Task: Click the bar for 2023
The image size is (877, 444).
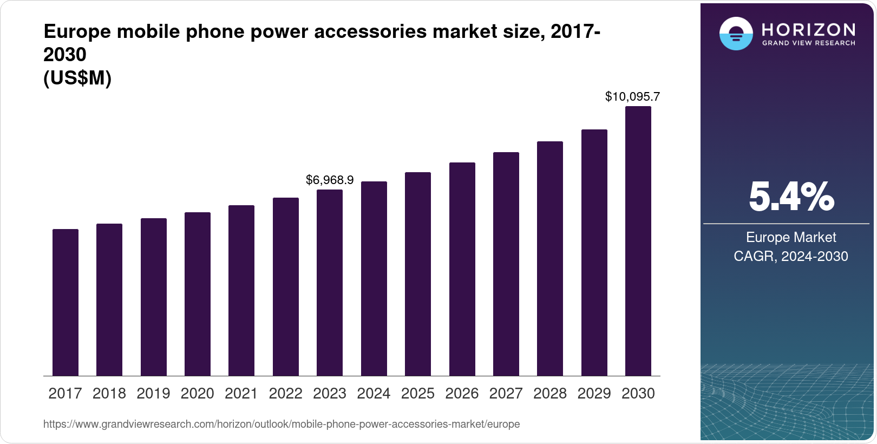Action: coord(329,283)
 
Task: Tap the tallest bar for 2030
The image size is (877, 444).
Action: coord(638,241)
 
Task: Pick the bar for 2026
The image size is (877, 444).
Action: coord(462,269)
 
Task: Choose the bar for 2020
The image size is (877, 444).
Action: coord(197,294)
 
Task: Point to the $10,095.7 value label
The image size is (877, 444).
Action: coord(632,97)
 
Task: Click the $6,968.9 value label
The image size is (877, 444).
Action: coord(329,180)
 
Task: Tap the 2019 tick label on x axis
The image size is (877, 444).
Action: coord(153,394)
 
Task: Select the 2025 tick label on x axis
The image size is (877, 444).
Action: coord(417,394)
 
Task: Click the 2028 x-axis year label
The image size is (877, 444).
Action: coord(549,394)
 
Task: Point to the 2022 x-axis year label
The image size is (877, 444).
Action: coord(285,394)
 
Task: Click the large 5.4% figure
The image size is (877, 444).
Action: coord(791,197)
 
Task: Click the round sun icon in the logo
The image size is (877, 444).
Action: coord(735,34)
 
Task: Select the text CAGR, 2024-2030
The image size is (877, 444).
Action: coord(790,256)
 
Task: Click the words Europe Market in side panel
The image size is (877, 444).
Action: coord(790,237)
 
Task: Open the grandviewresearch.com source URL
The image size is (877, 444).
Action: coord(282,425)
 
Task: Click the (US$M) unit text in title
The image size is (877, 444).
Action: coord(77,79)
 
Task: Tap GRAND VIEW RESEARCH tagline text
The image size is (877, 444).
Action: coord(808,43)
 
